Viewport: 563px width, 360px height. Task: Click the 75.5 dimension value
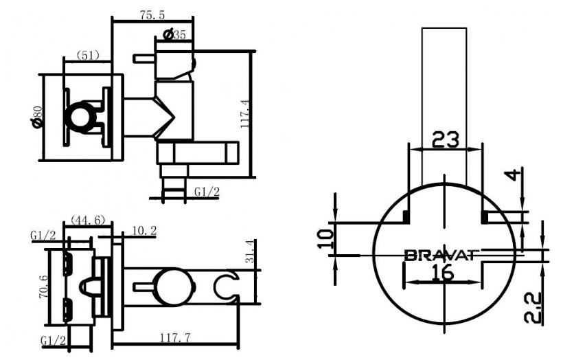[152, 15]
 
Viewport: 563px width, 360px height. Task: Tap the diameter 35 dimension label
[174, 34]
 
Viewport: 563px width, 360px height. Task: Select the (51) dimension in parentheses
[88, 56]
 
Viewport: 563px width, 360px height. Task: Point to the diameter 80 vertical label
[37, 117]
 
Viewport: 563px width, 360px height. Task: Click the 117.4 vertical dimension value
[246, 113]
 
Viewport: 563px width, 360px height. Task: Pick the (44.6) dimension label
[88, 219]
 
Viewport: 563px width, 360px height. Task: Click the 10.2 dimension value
[144, 230]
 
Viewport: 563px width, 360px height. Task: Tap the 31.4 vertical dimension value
[250, 251]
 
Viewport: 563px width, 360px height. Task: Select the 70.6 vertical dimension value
[43, 286]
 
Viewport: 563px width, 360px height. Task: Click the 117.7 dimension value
[175, 338]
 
